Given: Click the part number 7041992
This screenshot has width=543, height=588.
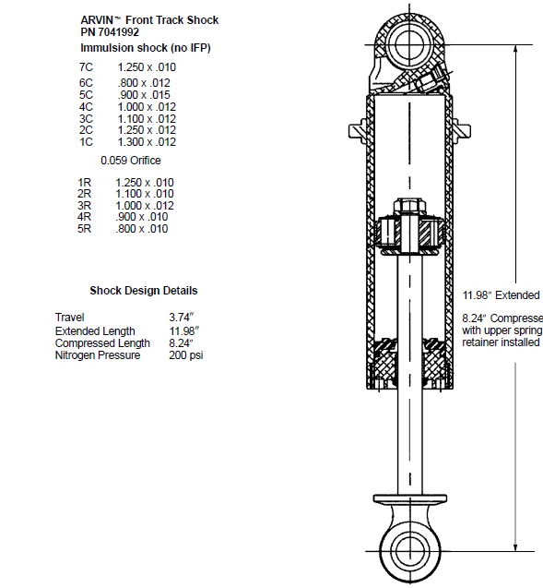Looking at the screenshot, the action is (119, 32).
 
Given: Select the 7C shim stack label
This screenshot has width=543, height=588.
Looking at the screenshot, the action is (86, 67).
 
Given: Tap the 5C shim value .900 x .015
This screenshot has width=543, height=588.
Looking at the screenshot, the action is (144, 95).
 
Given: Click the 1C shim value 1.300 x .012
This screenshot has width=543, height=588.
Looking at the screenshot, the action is (147, 142).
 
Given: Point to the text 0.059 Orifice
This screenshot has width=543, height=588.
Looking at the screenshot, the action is (131, 161).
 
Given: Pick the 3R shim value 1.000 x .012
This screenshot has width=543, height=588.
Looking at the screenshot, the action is (145, 206).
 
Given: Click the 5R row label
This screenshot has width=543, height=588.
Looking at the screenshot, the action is (84, 229).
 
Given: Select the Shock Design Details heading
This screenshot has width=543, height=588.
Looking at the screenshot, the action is (144, 291).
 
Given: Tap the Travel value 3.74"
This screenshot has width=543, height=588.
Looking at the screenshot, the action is (182, 318).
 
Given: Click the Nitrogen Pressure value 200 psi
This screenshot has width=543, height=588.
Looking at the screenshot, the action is (185, 355).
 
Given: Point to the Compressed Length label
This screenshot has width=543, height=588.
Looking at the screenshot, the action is (102, 343).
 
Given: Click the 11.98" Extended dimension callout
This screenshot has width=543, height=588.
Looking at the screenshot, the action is (502, 295).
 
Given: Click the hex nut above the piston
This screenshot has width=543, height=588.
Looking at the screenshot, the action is (409, 206).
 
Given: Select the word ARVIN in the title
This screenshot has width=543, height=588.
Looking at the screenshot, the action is (97, 20).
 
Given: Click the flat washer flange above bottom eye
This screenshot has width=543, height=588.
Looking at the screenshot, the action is (409, 499).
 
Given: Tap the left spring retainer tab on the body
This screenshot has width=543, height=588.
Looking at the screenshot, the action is (358, 131).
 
